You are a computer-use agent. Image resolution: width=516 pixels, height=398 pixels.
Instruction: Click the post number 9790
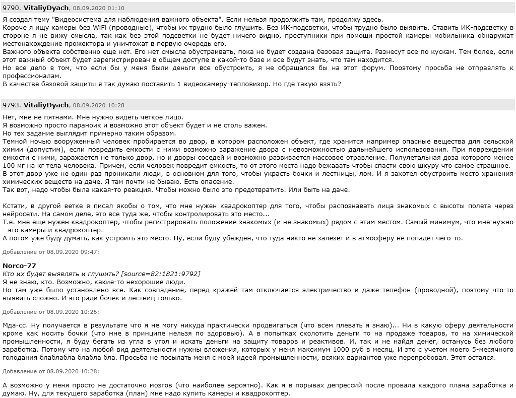point(11,9)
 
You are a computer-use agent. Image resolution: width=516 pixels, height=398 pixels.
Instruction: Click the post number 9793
point(11,105)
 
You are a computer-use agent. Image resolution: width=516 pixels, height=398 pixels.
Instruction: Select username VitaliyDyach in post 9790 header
point(46,9)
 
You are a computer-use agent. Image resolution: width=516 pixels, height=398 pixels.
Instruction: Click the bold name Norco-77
point(19,266)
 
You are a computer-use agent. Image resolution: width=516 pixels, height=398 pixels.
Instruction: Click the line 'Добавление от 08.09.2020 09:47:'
point(51,251)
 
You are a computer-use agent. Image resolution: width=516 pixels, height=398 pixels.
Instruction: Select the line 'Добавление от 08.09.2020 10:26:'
point(51,311)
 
